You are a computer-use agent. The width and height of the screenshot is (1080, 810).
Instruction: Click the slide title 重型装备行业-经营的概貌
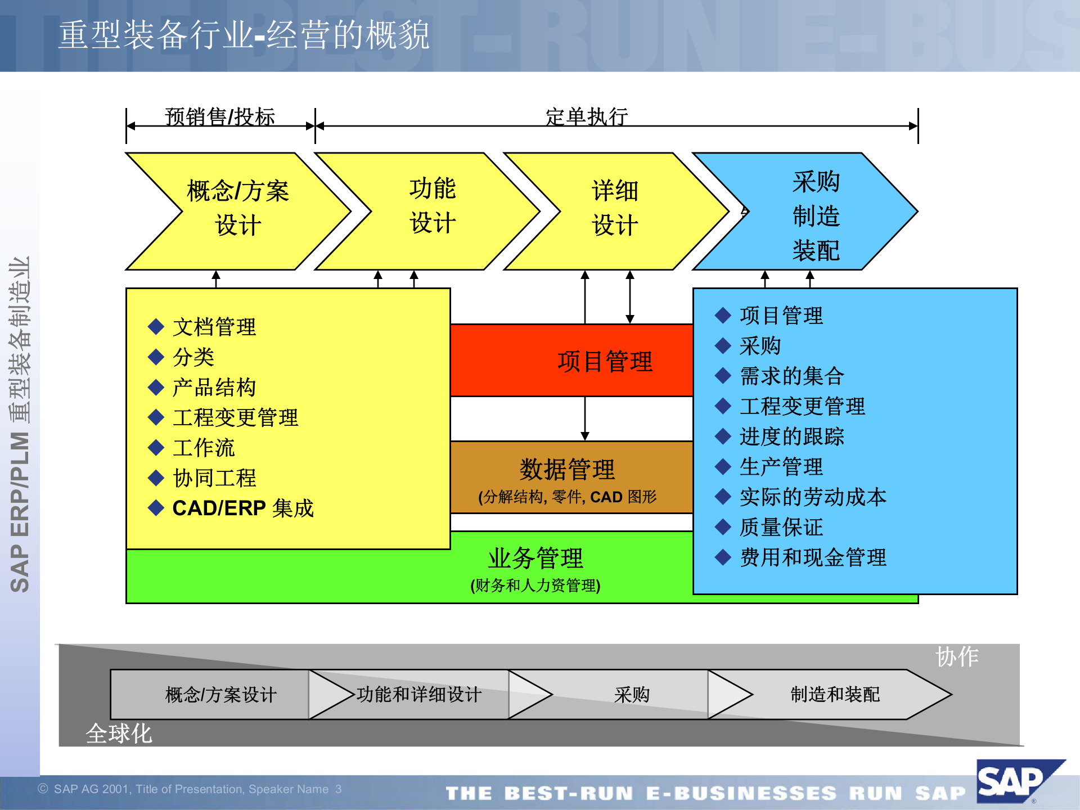(244, 35)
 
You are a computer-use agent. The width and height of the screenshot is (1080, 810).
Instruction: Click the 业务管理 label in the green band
(535, 559)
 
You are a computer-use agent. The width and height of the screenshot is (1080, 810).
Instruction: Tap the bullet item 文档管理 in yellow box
(214, 327)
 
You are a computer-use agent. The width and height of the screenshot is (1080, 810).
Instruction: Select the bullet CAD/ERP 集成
(242, 508)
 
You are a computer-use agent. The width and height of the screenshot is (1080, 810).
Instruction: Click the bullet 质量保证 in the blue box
(781, 527)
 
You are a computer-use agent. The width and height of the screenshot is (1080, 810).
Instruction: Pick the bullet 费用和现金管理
(813, 557)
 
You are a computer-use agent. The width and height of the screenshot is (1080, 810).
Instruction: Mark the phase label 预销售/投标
(220, 116)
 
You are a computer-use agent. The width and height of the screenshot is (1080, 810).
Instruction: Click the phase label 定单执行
(587, 116)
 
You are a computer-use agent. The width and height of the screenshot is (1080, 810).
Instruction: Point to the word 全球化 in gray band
(119, 733)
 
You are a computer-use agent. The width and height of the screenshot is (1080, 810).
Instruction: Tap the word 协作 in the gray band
(957, 656)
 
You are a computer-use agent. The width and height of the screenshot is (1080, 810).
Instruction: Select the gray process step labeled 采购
(632, 695)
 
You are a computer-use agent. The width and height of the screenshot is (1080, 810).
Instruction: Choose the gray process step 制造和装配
(835, 695)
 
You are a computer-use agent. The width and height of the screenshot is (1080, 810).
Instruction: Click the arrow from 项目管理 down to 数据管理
(585, 418)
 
